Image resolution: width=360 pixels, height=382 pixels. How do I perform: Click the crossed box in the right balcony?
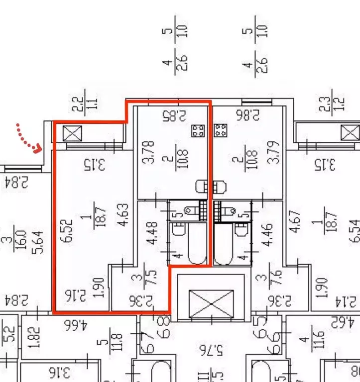coord(350,133)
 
